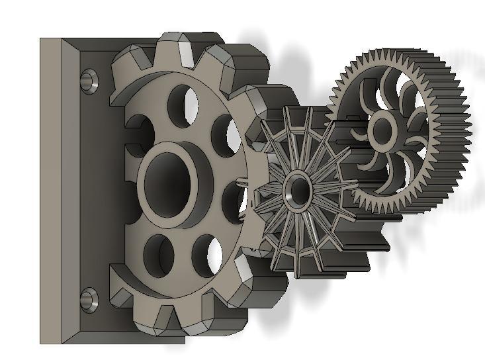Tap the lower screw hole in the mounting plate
pos(87,300)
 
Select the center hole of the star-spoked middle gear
pos(296,191)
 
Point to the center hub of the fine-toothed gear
pos(382,130)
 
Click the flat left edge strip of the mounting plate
pos(50,192)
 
